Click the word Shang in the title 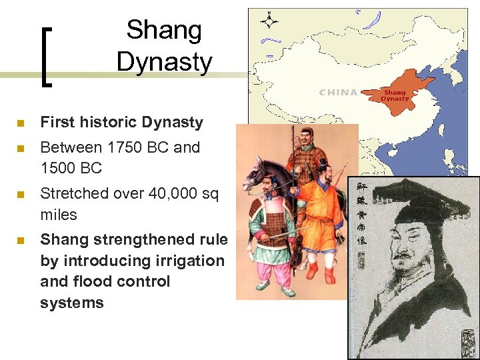[164, 30]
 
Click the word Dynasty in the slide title [164, 62]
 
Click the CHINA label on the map [338, 93]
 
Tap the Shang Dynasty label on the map [394, 95]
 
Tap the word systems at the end [71, 303]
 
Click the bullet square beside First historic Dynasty [21, 123]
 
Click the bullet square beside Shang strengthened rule [21, 240]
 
